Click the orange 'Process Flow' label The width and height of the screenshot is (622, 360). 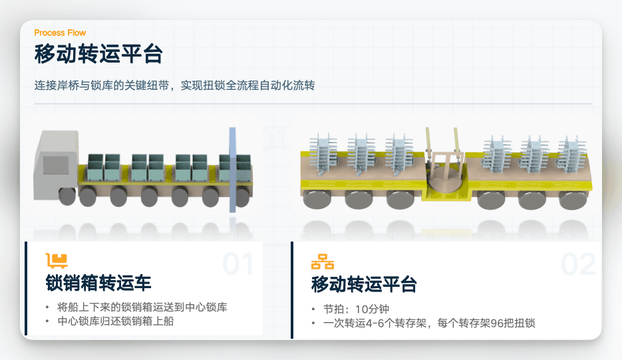(x=60, y=33)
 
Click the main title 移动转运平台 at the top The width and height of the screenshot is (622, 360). (x=98, y=54)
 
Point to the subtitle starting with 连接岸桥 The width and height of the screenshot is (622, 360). (x=174, y=86)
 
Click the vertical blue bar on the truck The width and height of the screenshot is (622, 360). (x=232, y=170)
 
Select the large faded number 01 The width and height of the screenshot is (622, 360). (x=238, y=264)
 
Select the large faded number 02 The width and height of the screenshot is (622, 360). (x=577, y=264)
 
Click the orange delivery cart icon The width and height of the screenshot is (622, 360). (x=57, y=260)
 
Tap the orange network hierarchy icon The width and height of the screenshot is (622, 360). (x=323, y=261)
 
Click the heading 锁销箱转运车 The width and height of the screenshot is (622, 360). (x=98, y=283)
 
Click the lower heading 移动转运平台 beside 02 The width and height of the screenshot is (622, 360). (x=364, y=285)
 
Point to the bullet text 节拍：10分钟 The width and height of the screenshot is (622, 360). (x=351, y=309)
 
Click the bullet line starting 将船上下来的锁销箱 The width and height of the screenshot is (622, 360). (x=142, y=307)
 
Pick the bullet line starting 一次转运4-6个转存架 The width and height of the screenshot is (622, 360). (x=428, y=323)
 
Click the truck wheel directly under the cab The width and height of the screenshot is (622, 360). (x=67, y=196)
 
